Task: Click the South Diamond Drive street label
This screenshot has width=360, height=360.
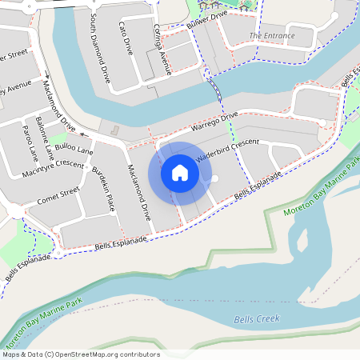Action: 100,49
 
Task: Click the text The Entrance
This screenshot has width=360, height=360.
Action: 271,36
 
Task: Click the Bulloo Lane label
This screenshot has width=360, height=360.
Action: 74,150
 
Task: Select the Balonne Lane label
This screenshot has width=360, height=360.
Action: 49,138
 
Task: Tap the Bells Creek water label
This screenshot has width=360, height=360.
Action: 256,319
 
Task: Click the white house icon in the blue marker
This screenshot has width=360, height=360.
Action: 180,173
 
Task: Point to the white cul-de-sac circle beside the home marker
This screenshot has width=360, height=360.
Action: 214,179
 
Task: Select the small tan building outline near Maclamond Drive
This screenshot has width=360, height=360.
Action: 115,130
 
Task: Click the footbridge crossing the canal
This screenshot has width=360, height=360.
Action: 214,88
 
